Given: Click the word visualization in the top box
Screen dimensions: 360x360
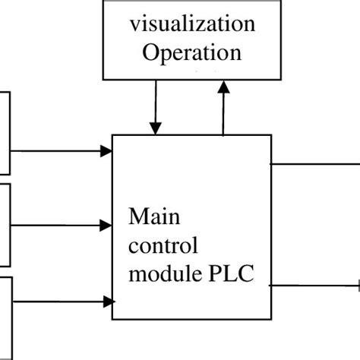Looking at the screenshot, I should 191,24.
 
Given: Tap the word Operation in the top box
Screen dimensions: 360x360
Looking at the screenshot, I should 191,52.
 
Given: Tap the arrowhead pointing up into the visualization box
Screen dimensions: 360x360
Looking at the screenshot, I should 223,88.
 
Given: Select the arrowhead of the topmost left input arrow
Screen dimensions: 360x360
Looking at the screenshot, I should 106,151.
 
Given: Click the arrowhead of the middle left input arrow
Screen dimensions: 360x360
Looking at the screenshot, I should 106,225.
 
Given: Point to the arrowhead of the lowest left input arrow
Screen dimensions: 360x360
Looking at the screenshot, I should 106,302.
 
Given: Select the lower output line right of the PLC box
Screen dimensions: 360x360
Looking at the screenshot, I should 315,286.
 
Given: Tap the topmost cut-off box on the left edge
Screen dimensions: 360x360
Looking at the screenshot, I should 5,133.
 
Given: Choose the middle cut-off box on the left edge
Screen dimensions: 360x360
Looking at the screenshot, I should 5,225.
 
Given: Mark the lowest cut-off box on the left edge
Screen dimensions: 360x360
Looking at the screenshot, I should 5,315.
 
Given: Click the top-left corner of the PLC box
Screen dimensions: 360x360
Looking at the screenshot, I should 112,135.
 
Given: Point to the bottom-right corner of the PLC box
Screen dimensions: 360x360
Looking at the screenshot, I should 271,319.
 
